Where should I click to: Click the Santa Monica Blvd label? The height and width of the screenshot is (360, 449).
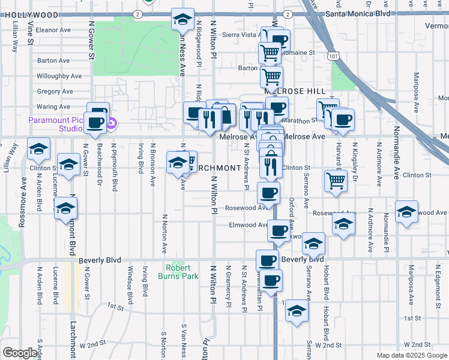[357, 13]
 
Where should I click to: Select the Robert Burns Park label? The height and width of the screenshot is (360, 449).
[178, 272]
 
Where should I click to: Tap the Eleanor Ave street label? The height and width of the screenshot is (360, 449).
[53, 29]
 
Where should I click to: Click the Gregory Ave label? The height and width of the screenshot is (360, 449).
[55, 92]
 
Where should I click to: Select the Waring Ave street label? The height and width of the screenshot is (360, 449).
[53, 107]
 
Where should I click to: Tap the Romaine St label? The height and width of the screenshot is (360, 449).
[302, 53]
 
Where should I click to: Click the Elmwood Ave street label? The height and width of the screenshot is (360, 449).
[248, 225]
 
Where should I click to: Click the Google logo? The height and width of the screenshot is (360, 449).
[20, 353]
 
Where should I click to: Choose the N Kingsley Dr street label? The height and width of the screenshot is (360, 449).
[355, 162]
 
